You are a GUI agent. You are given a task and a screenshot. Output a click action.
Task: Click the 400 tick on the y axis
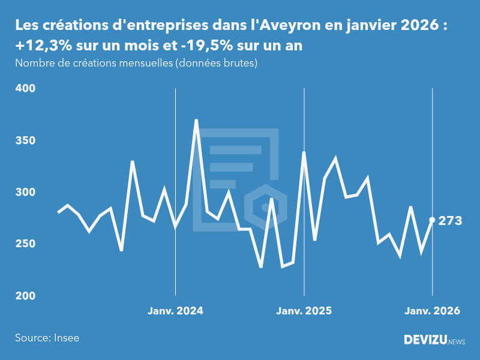click(25, 89)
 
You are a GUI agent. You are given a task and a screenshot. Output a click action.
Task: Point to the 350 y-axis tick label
click(25, 140)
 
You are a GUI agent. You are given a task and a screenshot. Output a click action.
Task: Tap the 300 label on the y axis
click(25, 193)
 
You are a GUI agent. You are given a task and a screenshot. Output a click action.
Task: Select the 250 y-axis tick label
click(25, 244)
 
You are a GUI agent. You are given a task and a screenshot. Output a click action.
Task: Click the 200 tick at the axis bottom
click(25, 296)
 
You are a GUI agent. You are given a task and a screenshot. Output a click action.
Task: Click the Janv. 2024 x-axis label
click(175, 311)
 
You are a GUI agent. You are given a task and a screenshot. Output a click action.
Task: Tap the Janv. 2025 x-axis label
click(304, 311)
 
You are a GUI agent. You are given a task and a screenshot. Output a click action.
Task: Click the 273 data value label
click(450, 221)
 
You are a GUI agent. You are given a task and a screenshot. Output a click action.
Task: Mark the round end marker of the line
click(432, 220)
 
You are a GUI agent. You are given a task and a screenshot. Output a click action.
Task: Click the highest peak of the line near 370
click(196, 121)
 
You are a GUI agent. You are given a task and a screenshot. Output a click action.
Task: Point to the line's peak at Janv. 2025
click(304, 152)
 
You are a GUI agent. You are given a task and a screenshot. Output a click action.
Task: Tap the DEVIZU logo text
click(424, 340)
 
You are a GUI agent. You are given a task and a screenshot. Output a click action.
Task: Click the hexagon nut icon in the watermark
click(264, 208)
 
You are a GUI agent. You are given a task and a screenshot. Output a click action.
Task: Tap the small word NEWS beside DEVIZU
click(457, 341)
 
